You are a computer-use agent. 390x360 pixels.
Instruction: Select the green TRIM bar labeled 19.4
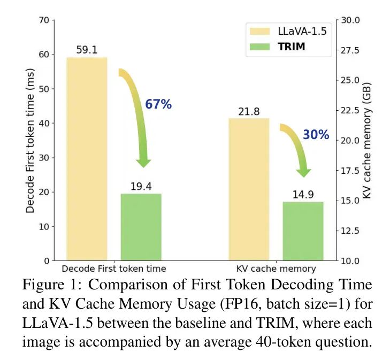coord(141,227)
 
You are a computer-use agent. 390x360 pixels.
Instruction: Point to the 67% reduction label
coord(158,105)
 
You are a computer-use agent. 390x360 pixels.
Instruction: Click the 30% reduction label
coord(316,135)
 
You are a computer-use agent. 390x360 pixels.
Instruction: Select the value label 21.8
coord(249,112)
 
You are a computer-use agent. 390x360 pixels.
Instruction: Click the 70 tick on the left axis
coord(43,20)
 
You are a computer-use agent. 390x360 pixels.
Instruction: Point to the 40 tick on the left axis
coord(43,124)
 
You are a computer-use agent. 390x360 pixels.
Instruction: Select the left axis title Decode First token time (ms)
coord(30,140)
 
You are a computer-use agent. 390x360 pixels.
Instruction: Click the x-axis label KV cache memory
coord(276,269)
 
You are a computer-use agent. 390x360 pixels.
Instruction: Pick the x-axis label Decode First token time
coord(114,269)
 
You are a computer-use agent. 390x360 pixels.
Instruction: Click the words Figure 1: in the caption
coord(50,285)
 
